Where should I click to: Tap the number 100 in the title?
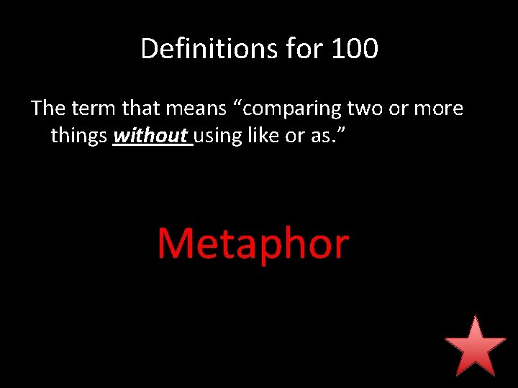355,49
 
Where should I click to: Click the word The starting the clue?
48,108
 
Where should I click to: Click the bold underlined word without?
150,135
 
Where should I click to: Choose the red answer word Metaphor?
253,244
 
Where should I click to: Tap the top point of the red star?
475,317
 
